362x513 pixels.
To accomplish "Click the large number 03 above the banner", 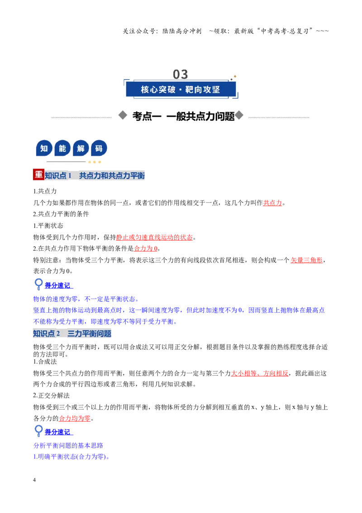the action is click(x=181, y=74).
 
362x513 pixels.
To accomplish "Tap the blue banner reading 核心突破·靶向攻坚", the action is click(x=181, y=89).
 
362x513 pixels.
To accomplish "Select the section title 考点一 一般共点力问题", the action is click(x=183, y=116).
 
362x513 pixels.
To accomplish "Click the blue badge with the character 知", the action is click(x=44, y=149).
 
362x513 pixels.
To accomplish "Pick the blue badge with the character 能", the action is click(x=62, y=149).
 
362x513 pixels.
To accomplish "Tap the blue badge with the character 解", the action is click(x=81, y=149).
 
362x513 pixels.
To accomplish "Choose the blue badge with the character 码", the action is click(x=99, y=149).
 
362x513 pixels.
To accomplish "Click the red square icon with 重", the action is click(x=38, y=175).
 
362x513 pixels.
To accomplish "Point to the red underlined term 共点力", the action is click(x=272, y=203).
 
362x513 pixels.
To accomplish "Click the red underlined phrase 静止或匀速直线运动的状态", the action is click(x=155, y=237).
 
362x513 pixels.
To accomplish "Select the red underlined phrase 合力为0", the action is click(x=146, y=248).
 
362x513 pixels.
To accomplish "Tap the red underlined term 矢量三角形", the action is click(x=306, y=260).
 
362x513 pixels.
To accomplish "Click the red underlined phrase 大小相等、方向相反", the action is click(x=260, y=373).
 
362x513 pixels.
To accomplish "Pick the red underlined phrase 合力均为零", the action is click(x=75, y=418).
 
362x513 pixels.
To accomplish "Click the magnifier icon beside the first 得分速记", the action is click(x=38, y=284).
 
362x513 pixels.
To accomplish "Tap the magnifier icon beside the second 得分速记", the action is click(x=38, y=431).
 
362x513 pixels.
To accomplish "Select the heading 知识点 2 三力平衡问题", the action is click(x=72, y=334).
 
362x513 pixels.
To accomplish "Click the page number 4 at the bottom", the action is click(x=34, y=479).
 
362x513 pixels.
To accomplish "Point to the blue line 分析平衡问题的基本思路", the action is click(x=68, y=445).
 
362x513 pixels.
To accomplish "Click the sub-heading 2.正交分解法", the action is click(x=51, y=396).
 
